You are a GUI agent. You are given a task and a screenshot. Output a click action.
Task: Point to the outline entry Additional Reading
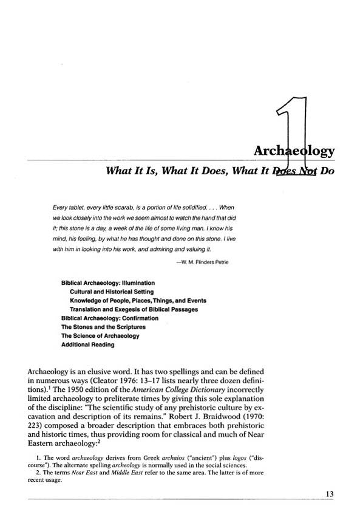tap(87, 344)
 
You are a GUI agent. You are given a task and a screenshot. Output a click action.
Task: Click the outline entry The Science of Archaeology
tap(100, 336)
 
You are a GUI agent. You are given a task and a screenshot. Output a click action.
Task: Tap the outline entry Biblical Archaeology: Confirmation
tap(110, 318)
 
